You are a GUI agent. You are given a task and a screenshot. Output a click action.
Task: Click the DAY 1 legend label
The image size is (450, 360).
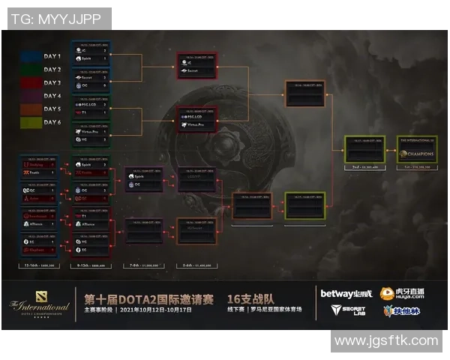click(x=53, y=56)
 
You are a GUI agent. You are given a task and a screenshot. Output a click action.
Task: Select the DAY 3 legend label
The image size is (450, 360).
click(x=53, y=82)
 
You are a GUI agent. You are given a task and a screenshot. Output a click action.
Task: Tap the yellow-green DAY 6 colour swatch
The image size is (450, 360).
click(x=31, y=122)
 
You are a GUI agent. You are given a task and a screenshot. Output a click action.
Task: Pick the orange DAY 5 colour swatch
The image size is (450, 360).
click(x=31, y=109)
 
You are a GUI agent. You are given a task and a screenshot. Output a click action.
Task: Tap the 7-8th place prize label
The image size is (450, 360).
click(x=144, y=265)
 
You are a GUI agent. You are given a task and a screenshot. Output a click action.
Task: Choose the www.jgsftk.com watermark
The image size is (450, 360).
click(x=386, y=341)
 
